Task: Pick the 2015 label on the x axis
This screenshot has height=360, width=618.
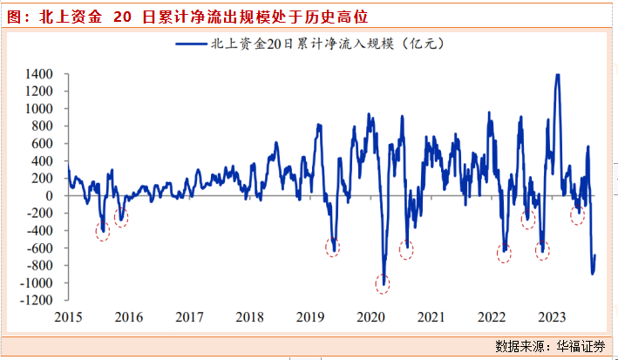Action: point(68,316)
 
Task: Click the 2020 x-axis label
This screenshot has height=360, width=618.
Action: point(370,316)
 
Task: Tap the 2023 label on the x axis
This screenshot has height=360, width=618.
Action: point(552,316)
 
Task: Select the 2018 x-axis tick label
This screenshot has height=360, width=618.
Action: point(249,316)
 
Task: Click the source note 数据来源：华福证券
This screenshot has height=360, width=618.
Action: point(549,346)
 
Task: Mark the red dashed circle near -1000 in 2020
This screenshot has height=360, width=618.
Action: point(383,282)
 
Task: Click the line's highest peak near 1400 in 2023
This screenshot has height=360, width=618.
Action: point(557,75)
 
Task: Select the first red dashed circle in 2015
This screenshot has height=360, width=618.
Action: point(103,231)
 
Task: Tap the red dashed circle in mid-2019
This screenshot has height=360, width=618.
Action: point(332,247)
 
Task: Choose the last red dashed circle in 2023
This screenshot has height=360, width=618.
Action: point(577,216)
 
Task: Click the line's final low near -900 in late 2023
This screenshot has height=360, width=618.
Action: point(593,274)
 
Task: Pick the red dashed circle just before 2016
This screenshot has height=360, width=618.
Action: point(121,217)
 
